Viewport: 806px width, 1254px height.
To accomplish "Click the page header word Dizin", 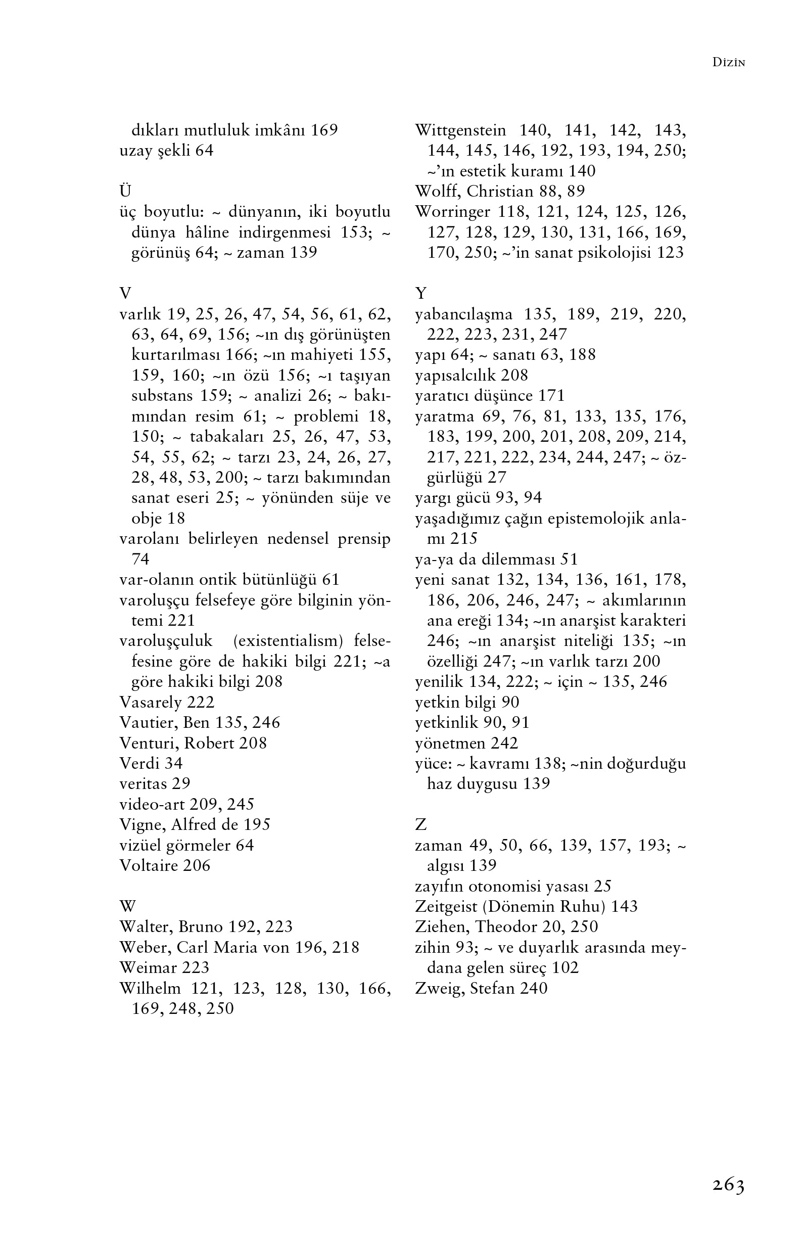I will [729, 63].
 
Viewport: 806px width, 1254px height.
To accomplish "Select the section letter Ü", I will [125, 191].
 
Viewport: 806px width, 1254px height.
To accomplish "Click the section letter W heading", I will [127, 906].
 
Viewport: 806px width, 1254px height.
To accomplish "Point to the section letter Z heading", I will [420, 825].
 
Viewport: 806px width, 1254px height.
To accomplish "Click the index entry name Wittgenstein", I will [460, 130].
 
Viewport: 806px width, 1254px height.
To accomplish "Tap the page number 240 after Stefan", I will [533, 988].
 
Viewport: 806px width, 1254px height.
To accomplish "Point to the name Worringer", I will [452, 212].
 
